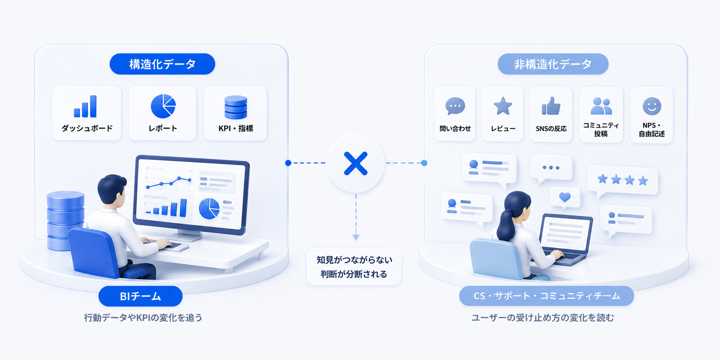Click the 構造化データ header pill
click(162, 64)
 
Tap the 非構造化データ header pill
click(553, 64)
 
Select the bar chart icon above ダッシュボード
click(85, 106)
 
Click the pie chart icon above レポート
click(163, 106)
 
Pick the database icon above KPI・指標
click(236, 107)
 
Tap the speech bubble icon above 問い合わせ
click(455, 106)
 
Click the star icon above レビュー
click(503, 106)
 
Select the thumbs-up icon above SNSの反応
click(551, 106)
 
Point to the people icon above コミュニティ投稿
click(601, 106)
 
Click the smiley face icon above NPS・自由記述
click(652, 106)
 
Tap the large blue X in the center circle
click(356, 163)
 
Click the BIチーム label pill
click(140, 296)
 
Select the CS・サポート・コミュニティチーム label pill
click(547, 296)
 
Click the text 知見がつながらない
click(354, 260)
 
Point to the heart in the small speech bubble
click(565, 197)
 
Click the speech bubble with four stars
click(623, 181)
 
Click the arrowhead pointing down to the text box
click(356, 237)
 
